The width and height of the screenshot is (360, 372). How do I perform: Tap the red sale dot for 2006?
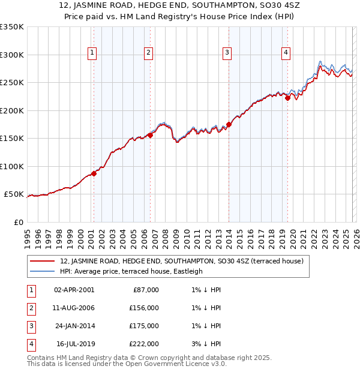tap(150, 135)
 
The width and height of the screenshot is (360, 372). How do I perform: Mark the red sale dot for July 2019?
tap(287, 98)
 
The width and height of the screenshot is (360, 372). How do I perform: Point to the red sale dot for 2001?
tap(94, 173)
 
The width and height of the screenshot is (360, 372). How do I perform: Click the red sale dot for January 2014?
tap(229, 125)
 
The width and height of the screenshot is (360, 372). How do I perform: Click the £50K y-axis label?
tap(14, 194)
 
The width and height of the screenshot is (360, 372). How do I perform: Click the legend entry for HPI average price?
tap(131, 271)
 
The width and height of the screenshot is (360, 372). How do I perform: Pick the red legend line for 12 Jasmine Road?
tap(43, 261)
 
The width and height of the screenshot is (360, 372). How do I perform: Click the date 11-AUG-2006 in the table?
tap(74, 308)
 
